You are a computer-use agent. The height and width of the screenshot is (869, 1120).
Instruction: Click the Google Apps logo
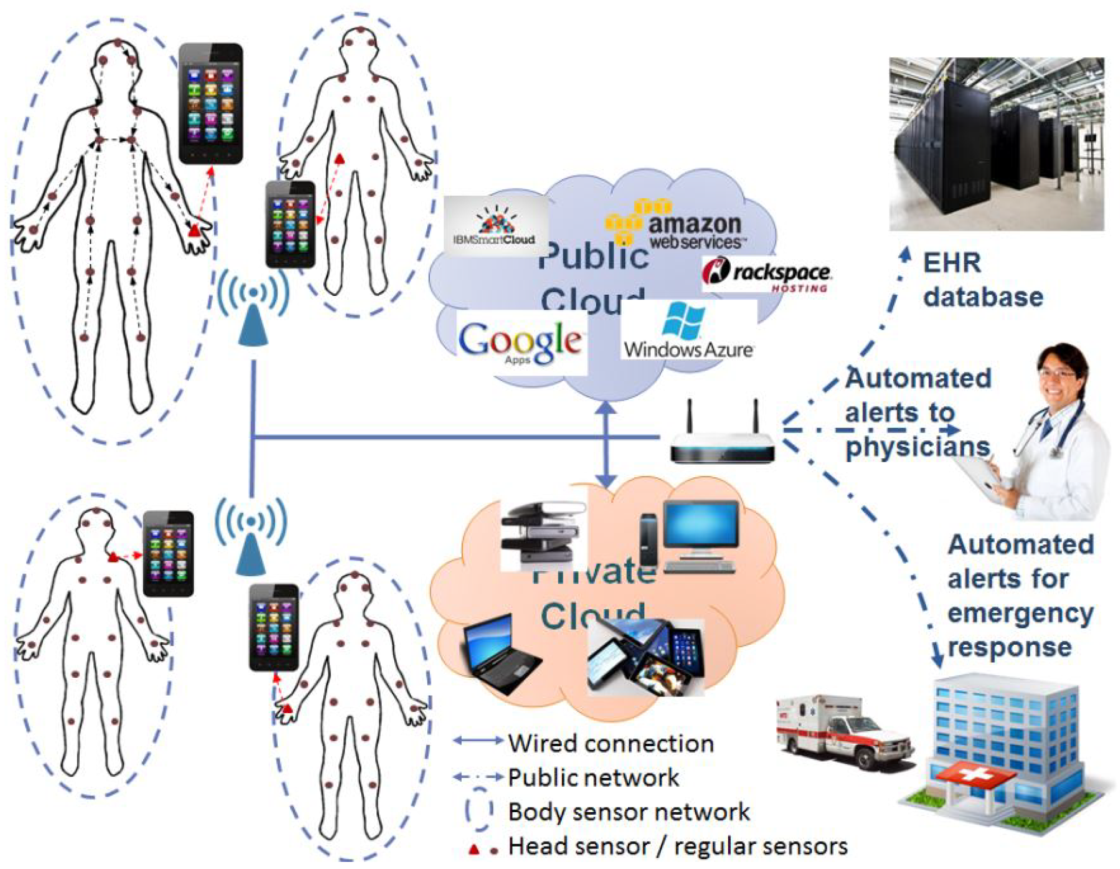click(x=521, y=342)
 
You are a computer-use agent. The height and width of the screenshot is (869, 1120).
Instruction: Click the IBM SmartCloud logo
click(x=495, y=226)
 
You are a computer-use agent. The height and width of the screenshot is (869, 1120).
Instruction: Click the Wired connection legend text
click(x=611, y=744)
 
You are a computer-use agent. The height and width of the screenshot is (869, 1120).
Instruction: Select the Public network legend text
click(x=593, y=778)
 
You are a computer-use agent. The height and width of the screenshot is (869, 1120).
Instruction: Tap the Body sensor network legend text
click(x=629, y=812)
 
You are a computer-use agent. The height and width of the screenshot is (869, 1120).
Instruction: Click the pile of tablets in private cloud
click(x=646, y=659)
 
